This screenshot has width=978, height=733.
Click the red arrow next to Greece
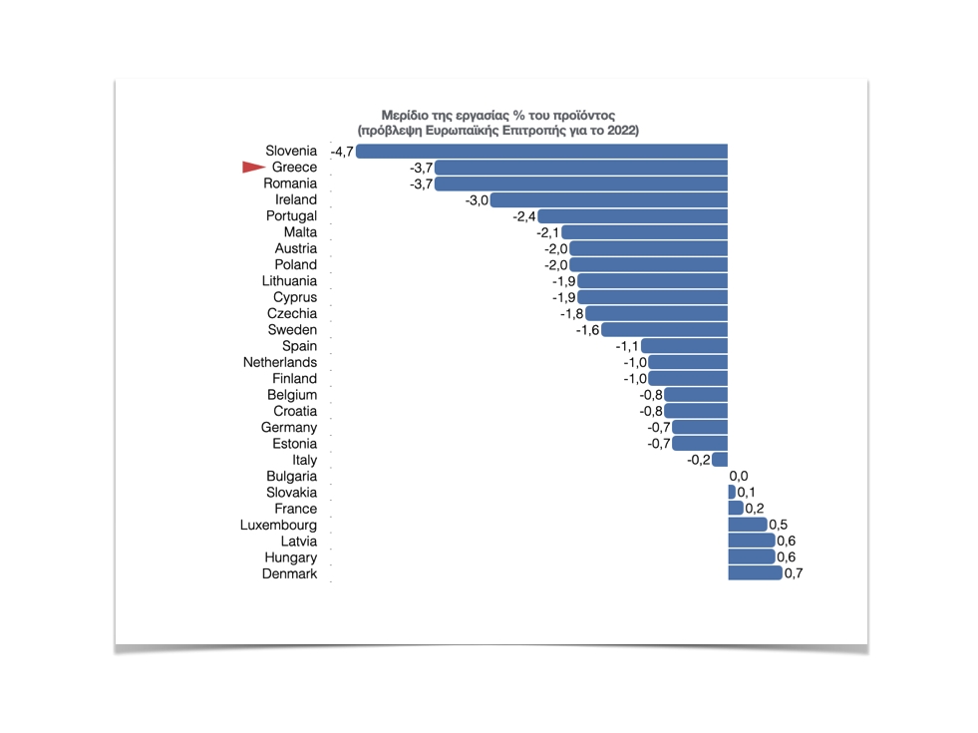coord(253,168)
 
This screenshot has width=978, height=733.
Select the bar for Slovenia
coord(541,152)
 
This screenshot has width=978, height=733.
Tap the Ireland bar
coord(609,200)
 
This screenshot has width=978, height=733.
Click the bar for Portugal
coord(633,216)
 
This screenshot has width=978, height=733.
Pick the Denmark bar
coord(755,573)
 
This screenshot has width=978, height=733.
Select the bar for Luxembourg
coord(748,525)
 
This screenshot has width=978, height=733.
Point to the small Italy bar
coord(720,460)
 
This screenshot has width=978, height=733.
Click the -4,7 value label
coord(342,152)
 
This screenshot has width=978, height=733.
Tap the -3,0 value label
coord(477,200)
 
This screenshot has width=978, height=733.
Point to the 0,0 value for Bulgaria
coord(739,477)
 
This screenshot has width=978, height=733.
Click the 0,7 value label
coord(794,573)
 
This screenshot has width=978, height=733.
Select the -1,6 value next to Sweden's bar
coord(587,330)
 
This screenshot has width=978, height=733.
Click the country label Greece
coord(294,168)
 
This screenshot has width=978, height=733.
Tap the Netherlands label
coord(280,362)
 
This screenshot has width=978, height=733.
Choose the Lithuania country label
coord(289,281)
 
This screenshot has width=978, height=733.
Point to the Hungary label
coord(290,557)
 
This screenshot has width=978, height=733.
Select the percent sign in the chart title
coord(518,116)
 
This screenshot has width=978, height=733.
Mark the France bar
coord(736,509)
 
